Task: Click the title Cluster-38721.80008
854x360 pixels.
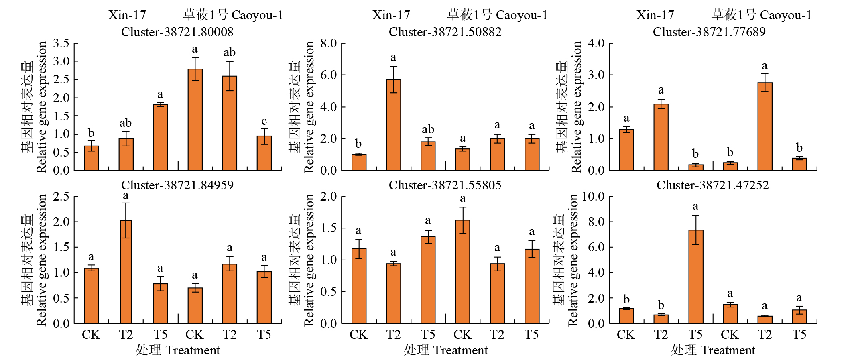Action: pos(177,32)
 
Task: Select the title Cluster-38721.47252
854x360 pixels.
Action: pos(712,185)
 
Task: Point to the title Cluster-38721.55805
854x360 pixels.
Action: pos(445,185)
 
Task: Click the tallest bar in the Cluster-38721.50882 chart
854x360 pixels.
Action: pos(393,125)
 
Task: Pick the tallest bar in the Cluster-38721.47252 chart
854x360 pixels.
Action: pos(695,277)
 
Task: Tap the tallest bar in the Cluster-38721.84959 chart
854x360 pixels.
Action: pos(126,272)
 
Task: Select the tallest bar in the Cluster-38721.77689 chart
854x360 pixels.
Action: pos(765,126)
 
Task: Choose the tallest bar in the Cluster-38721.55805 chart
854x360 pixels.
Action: pos(462,272)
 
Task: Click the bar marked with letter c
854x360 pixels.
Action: pos(264,153)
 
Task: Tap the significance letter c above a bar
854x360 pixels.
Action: pos(264,121)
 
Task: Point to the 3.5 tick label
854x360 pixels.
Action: pos(61,43)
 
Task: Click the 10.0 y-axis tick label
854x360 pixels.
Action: pos(593,196)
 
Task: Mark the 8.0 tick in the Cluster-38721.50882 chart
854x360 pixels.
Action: pos(328,43)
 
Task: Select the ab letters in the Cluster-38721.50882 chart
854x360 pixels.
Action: pos(428,129)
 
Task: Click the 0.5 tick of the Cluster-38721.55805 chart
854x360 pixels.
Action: pos(328,292)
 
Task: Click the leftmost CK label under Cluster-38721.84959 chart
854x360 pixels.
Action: pos(91,335)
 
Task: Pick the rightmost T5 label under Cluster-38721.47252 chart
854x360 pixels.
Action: pos(799,335)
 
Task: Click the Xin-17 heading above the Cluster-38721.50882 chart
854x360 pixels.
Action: pos(391,15)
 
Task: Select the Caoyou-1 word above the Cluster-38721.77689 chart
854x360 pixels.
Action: pos(785,15)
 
